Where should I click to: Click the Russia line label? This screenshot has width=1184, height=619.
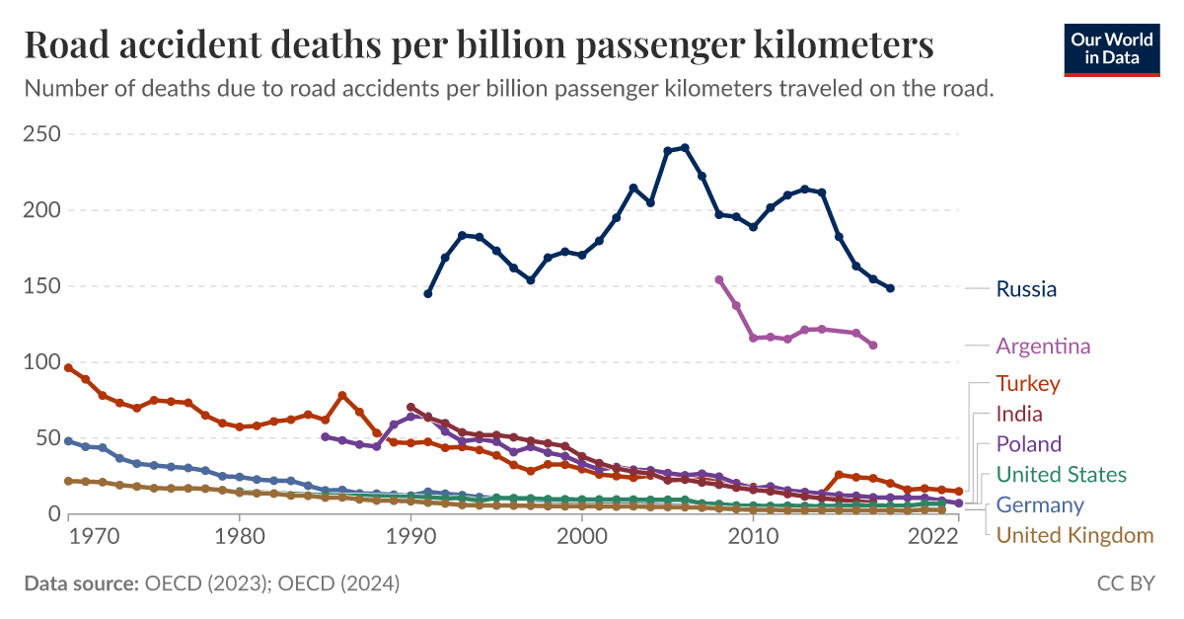(1026, 289)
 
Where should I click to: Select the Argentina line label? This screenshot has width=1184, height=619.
(1043, 346)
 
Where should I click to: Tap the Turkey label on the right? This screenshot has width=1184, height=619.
(1028, 383)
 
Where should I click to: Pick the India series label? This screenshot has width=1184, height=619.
(1019, 414)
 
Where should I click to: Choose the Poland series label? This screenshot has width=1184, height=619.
(1028, 444)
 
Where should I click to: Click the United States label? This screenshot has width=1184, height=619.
(1061, 475)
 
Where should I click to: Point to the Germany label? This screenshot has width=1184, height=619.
(1040, 505)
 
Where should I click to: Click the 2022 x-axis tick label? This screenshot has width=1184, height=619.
(933, 540)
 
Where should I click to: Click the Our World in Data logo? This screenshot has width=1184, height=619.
(1111, 46)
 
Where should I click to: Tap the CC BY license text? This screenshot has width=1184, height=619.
(1126, 583)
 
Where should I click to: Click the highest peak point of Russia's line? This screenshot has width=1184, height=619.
(685, 148)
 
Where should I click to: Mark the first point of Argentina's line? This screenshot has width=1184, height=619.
(718, 279)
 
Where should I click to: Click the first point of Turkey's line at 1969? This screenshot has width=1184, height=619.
(68, 367)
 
